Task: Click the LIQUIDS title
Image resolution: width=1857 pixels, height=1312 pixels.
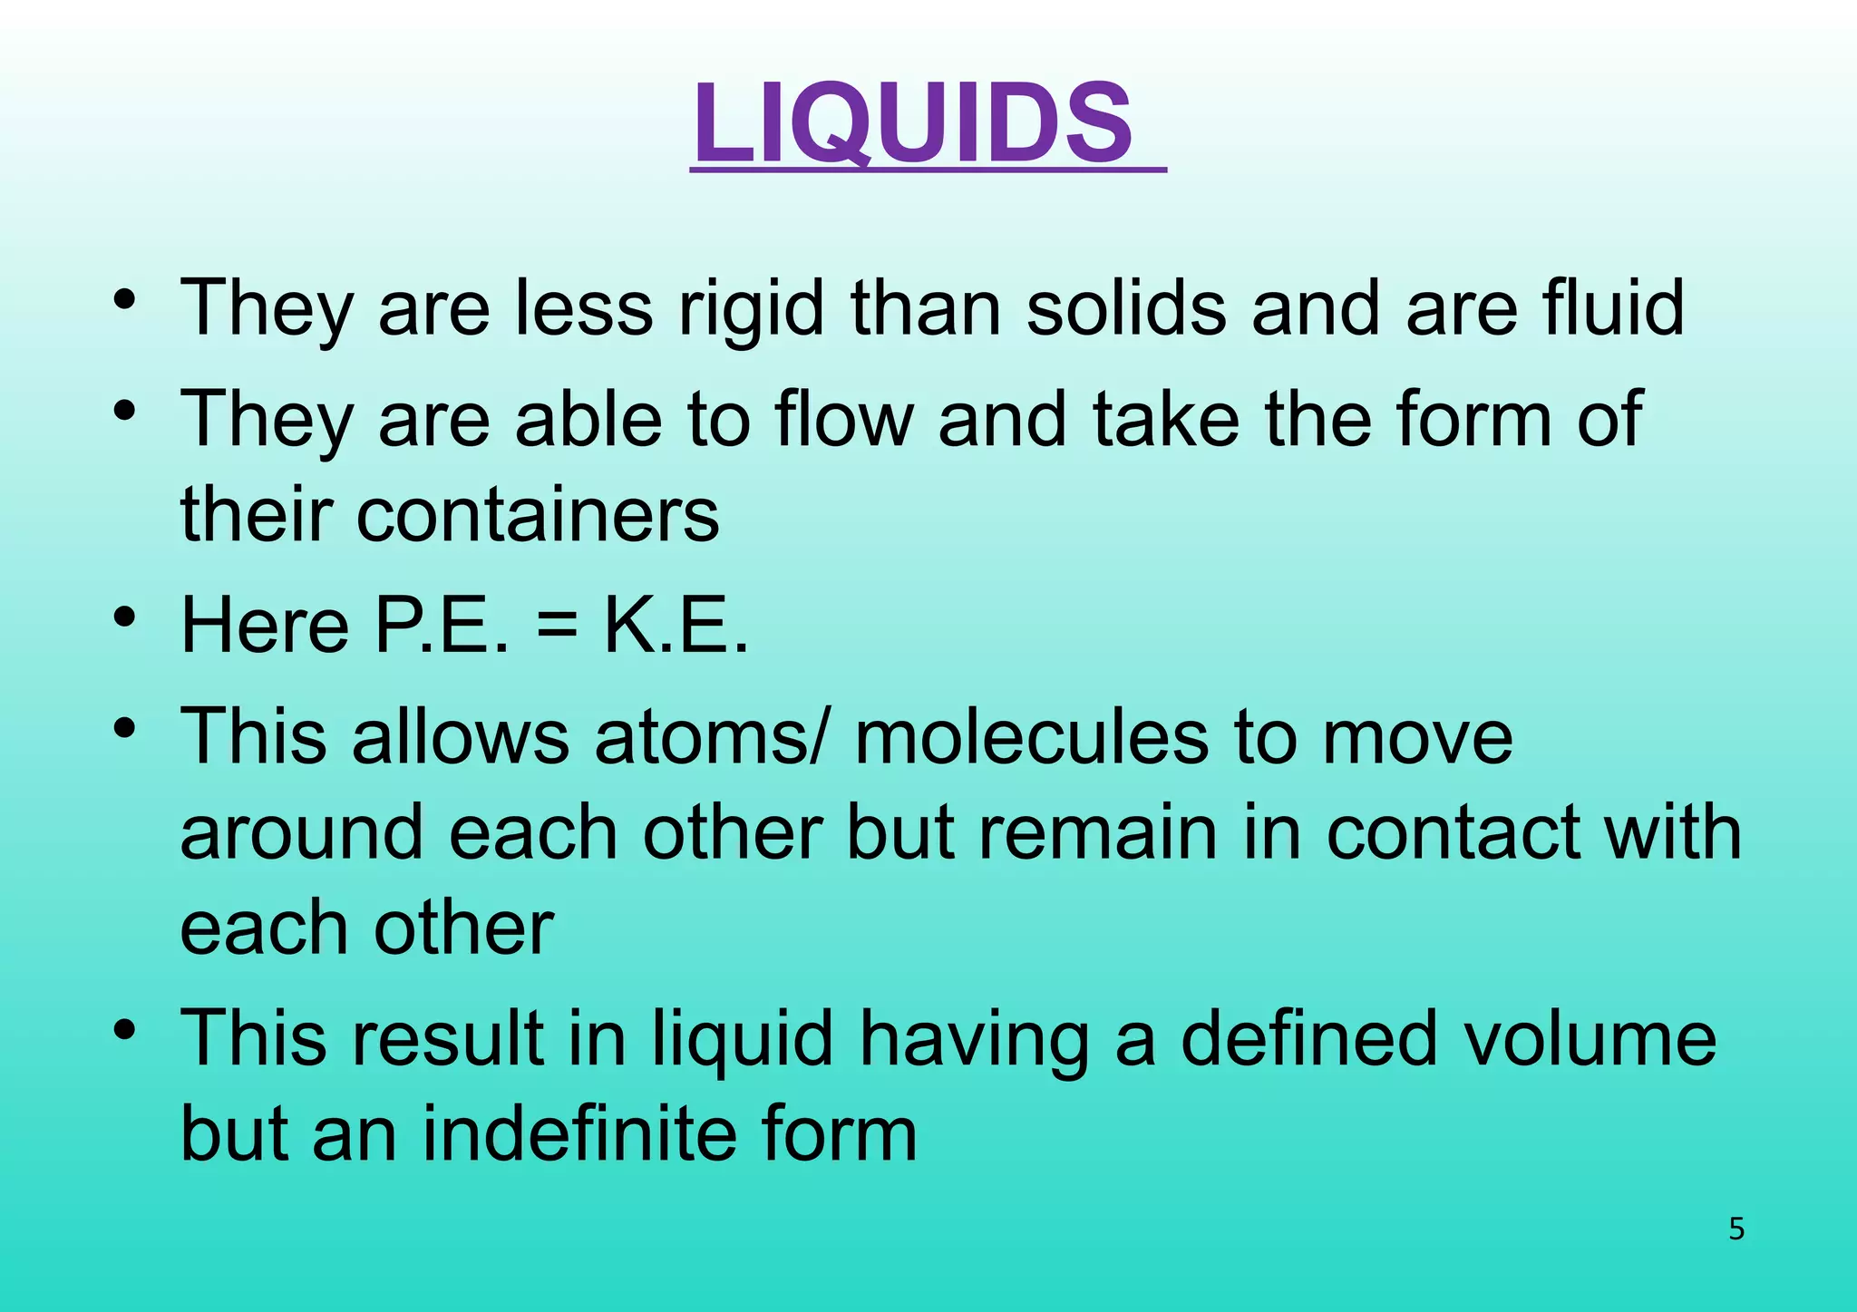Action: (914, 123)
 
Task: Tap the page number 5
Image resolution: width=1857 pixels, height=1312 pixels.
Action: (1736, 1229)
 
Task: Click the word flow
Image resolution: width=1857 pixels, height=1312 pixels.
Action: (844, 419)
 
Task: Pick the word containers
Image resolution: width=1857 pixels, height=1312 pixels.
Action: (539, 515)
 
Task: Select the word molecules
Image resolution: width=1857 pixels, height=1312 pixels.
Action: (1031, 736)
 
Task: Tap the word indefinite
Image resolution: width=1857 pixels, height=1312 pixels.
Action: (580, 1135)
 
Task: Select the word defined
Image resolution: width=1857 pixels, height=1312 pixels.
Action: (1308, 1039)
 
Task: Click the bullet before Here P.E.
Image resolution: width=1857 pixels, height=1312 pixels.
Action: (125, 617)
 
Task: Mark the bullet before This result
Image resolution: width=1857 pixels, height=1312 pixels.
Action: (125, 1030)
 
